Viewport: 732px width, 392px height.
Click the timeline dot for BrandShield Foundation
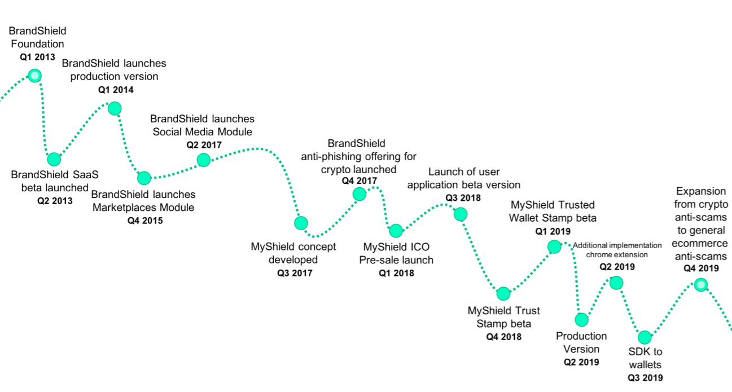coord(35,76)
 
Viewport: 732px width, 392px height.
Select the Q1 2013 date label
coord(37,57)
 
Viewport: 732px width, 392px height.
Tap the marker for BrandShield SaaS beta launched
coord(54,159)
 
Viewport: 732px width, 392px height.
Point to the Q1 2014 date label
coord(116,90)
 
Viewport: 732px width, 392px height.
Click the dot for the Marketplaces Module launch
coord(144,178)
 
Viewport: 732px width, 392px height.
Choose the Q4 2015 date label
coord(145,221)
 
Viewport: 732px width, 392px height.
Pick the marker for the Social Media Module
coord(204,160)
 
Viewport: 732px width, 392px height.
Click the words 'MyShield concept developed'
coord(293,253)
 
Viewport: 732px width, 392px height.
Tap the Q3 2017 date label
coord(294,273)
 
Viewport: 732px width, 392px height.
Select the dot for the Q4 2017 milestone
coord(360,194)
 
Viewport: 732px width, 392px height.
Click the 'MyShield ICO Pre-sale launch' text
coord(398,253)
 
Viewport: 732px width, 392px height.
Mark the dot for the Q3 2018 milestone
coord(461,214)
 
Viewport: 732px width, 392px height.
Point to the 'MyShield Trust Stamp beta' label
coord(504,317)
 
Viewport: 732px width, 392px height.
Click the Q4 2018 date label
coord(504,337)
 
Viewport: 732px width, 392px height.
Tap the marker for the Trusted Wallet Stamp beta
coord(554,246)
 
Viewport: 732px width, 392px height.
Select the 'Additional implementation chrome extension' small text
coord(617,250)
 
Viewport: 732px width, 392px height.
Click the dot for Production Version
coord(581,319)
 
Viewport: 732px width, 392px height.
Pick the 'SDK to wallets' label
coord(645,358)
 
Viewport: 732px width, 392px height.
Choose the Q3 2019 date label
coord(646,377)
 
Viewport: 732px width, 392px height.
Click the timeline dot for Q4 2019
coord(700,284)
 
